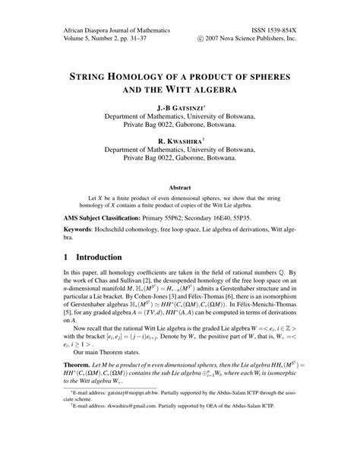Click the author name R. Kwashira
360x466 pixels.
click(x=179, y=141)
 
